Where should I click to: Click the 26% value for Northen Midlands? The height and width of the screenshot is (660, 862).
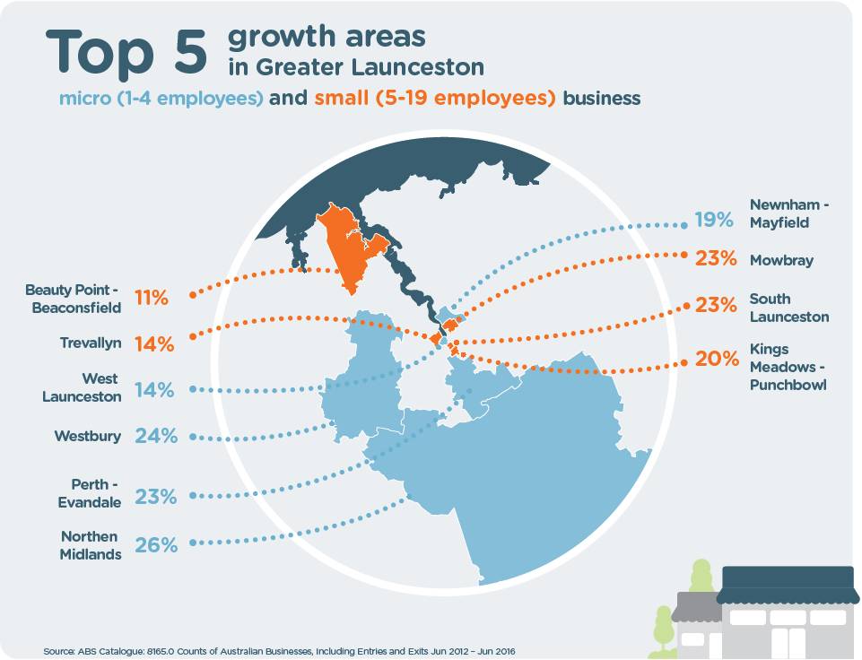[156, 543]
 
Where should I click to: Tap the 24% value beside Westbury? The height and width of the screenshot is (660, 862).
[156, 437]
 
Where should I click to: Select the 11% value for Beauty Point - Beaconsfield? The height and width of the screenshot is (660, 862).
[151, 298]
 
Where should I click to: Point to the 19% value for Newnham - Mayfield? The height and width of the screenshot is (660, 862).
[714, 220]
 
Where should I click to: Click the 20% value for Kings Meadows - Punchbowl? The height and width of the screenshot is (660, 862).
[715, 359]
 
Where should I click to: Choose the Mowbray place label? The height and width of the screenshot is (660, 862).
[781, 260]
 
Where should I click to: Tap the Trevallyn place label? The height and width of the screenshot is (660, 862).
[91, 343]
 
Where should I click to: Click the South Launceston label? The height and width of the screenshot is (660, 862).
[788, 308]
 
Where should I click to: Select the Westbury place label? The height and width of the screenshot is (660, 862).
[87, 437]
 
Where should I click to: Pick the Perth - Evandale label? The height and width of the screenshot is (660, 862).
[96, 493]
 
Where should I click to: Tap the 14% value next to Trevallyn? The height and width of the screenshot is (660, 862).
[152, 343]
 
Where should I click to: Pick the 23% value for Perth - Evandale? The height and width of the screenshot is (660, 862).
[156, 496]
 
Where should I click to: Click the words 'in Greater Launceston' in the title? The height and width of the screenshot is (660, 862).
[355, 67]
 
